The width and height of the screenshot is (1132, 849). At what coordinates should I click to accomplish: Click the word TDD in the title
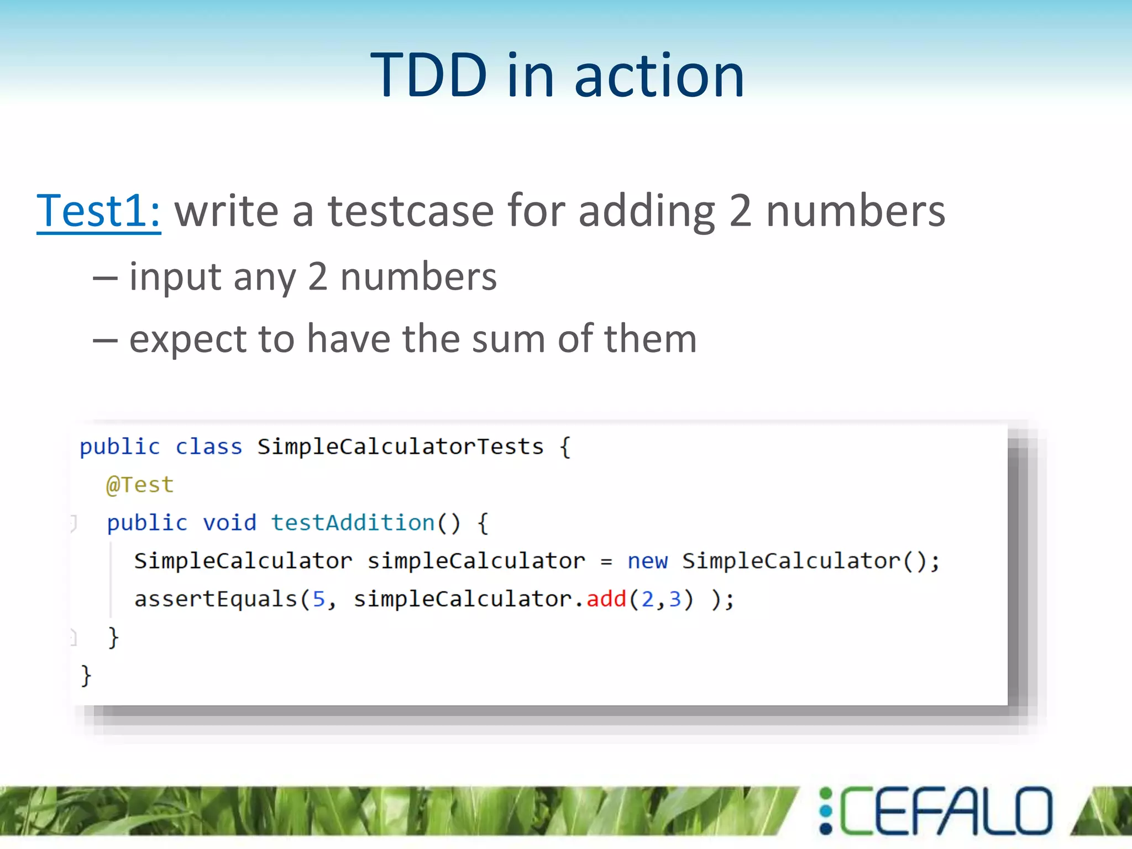tap(428, 75)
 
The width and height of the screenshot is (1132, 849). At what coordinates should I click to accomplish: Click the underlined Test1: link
tap(98, 211)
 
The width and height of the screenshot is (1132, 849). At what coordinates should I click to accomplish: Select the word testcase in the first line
tap(411, 211)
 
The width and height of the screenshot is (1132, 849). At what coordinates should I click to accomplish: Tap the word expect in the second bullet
tap(187, 339)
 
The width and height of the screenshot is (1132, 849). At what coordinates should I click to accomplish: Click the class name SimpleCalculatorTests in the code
tap(400, 447)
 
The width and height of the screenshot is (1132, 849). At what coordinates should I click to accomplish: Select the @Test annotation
tap(140, 485)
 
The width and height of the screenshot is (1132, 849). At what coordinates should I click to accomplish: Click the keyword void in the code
tap(229, 523)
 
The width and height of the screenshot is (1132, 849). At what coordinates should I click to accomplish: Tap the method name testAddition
tap(353, 523)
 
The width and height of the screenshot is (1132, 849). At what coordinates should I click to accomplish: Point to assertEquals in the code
tap(216, 599)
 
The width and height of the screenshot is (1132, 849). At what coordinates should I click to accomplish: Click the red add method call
tap(606, 599)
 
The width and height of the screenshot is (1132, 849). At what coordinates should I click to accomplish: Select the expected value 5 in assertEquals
tap(319, 599)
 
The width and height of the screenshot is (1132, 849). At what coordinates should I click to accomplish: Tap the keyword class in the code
tap(208, 447)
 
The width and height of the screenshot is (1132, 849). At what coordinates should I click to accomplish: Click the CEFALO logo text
tap(946, 811)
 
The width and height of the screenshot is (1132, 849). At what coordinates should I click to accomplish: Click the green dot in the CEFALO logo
tap(826, 794)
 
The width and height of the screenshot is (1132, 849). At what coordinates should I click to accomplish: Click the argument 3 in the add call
tap(674, 599)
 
